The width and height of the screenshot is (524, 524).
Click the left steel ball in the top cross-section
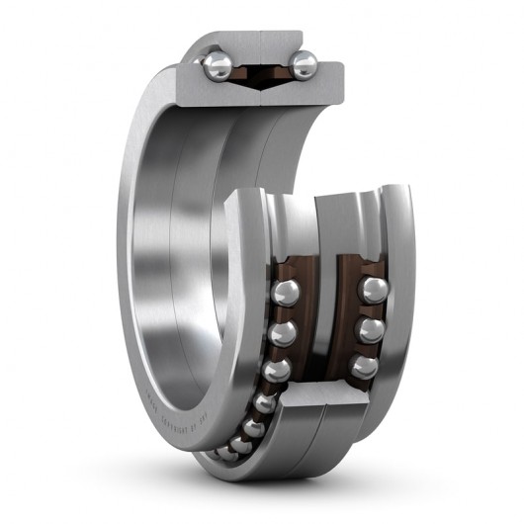tap(217, 65)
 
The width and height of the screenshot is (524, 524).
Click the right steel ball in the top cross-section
tap(304, 65)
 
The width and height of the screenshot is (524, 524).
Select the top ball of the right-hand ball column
tap(373, 291)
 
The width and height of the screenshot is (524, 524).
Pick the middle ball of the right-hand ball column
tap(371, 329)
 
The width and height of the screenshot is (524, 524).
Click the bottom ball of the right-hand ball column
tap(364, 367)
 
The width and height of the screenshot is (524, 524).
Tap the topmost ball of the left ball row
tap(286, 293)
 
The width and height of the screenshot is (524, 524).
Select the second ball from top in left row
tap(283, 332)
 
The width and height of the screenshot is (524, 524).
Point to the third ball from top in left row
tap(276, 371)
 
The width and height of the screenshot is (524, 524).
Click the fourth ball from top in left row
tap(265, 402)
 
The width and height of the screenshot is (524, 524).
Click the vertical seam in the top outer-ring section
tap(260, 44)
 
